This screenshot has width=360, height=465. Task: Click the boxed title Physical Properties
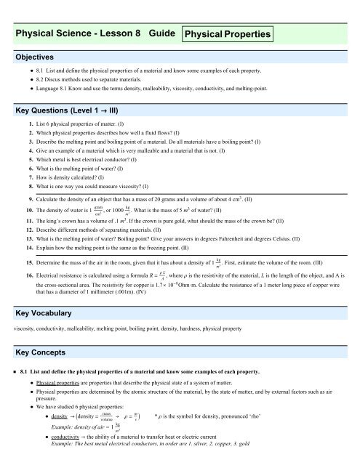(228, 34)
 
